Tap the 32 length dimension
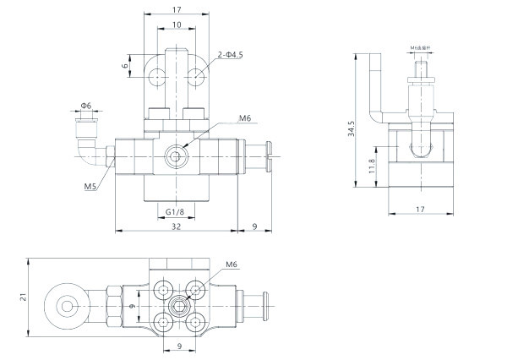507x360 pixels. coord(175,226)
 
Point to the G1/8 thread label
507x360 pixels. coord(175,210)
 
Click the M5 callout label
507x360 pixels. coord(90,186)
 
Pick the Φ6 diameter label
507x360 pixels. coord(86,106)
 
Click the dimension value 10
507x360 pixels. coord(175,25)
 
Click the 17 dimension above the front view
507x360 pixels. coord(175,10)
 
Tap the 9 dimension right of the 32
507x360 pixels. coord(254,226)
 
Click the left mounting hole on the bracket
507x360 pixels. coord(157,78)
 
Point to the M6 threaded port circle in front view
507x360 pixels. coord(176,156)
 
